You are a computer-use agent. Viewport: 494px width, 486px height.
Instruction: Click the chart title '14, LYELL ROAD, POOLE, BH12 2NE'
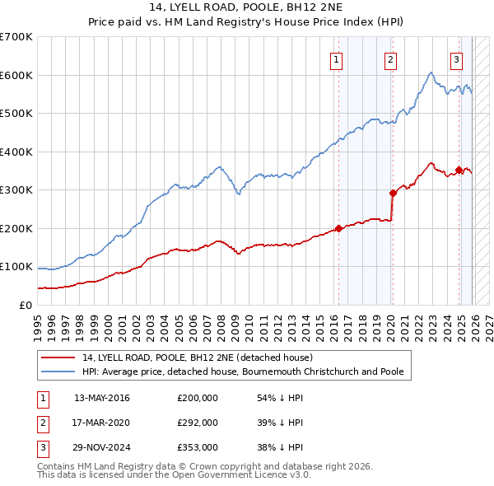[x=247, y=7]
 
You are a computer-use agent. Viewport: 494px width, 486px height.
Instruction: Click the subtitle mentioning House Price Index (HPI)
[x=247, y=22]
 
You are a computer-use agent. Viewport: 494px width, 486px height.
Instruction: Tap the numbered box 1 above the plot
[x=338, y=58]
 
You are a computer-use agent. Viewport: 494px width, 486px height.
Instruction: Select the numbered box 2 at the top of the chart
[x=390, y=58]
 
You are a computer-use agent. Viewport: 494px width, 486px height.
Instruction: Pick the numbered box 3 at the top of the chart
[x=456, y=58]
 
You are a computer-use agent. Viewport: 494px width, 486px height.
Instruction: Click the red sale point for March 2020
[x=393, y=193]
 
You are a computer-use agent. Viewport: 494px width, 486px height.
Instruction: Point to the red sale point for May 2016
[x=338, y=228]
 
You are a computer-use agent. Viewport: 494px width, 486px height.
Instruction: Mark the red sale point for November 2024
[x=459, y=170]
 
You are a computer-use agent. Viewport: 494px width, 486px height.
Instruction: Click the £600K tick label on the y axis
[x=16, y=75]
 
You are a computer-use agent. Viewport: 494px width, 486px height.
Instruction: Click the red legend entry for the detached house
[x=198, y=358]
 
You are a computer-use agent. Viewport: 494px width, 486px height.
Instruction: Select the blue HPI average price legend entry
[x=243, y=372]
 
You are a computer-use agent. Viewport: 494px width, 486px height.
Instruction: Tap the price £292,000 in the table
[x=198, y=423]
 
